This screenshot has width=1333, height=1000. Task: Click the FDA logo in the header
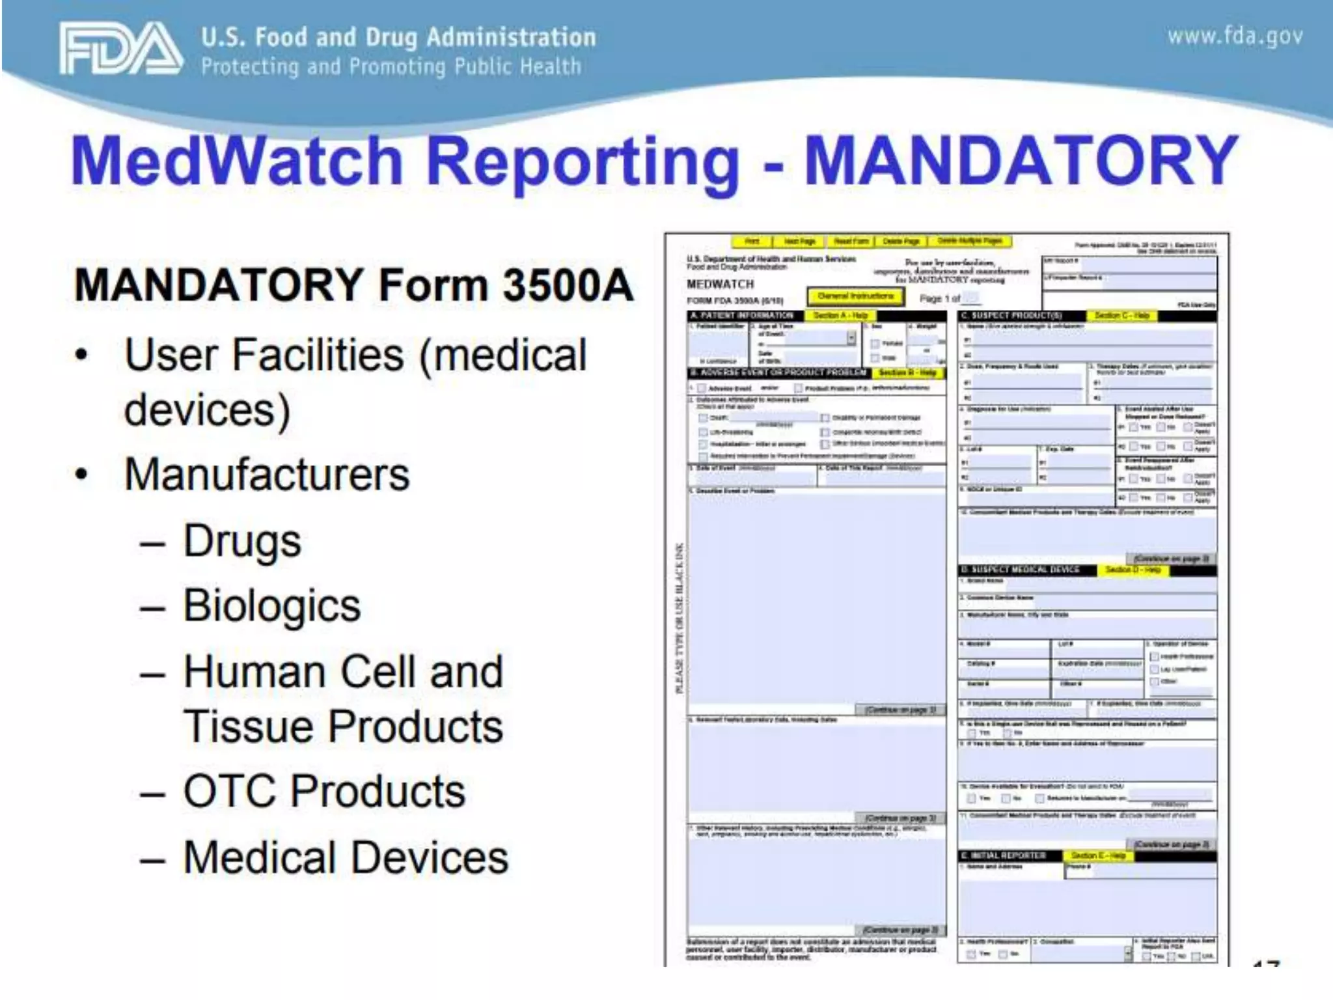(120, 49)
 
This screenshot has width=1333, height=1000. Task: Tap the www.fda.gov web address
(1235, 36)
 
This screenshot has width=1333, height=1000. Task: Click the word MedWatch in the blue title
(238, 161)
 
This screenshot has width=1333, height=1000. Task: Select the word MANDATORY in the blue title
(1021, 161)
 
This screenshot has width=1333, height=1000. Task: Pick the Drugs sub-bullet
(242, 541)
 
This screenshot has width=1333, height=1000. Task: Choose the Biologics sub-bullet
(271, 605)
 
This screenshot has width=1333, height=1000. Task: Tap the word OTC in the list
(230, 791)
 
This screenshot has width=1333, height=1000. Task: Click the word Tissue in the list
(249, 727)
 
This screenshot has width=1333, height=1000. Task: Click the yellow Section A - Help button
(840, 316)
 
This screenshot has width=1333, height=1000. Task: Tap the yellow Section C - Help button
(1121, 316)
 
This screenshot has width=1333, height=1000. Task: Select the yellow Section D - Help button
(1133, 570)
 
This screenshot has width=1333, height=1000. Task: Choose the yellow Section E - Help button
(1098, 855)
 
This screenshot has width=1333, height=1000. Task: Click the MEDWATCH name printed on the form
(720, 285)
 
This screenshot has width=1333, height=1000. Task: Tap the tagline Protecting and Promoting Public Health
(391, 67)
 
